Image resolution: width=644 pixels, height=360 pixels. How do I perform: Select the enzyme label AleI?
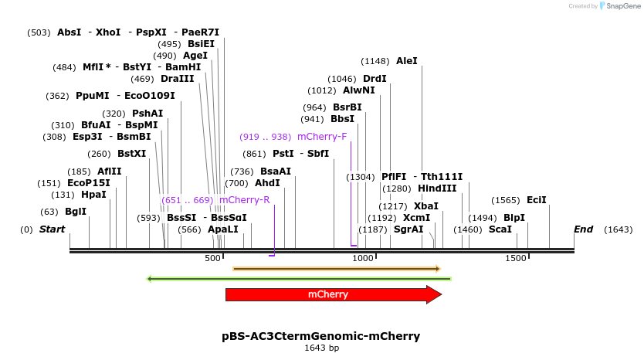(x=406, y=61)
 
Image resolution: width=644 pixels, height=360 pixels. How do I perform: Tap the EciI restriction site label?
(x=536, y=200)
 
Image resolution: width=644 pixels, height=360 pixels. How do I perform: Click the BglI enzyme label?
(x=76, y=212)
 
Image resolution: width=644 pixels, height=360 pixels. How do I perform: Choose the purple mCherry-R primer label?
(x=245, y=200)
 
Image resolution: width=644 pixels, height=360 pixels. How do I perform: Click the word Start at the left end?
(x=52, y=229)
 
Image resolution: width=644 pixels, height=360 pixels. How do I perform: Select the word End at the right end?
(x=583, y=229)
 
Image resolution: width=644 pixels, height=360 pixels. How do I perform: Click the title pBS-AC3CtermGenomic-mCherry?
(x=320, y=336)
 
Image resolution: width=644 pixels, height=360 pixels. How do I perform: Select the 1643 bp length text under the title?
(x=321, y=348)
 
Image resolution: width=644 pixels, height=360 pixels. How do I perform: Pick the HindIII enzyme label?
(x=437, y=188)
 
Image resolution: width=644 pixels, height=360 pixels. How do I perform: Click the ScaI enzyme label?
(x=500, y=229)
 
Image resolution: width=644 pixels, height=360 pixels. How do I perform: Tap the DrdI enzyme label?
(x=375, y=79)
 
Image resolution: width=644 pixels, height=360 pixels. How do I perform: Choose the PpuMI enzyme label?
(x=93, y=97)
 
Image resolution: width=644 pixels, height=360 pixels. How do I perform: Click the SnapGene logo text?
(x=622, y=6)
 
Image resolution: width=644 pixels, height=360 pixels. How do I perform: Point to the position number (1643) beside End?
(x=618, y=229)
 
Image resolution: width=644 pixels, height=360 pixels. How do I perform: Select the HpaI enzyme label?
(x=93, y=195)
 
